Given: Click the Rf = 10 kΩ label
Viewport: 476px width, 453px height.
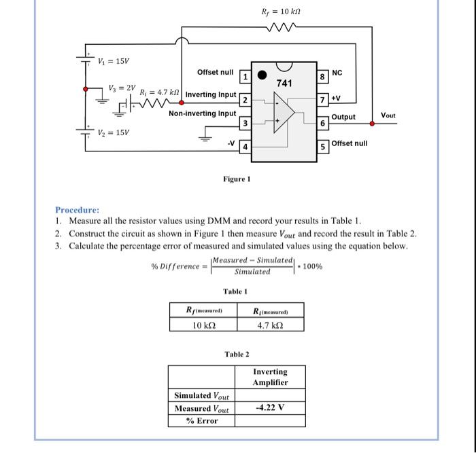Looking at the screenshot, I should pyautogui.click(x=281, y=12).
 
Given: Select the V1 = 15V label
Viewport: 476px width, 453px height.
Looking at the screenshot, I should pyautogui.click(x=114, y=61).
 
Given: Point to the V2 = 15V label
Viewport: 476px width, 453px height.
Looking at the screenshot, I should pyautogui.click(x=114, y=132).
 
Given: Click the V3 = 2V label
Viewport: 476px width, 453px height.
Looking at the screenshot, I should pyautogui.click(x=122, y=88).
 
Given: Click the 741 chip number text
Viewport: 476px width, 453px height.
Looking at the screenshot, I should pyautogui.click(x=284, y=83).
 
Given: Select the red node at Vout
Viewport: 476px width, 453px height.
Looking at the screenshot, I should pyautogui.click(x=373, y=124).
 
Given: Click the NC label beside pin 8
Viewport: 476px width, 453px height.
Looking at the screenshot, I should pyautogui.click(x=337, y=71).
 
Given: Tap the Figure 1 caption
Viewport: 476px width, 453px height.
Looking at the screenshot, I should pyautogui.click(x=237, y=179).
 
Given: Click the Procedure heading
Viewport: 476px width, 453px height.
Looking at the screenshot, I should pyautogui.click(x=78, y=210).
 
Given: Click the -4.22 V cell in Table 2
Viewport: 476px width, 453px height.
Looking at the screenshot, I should pyautogui.click(x=270, y=408).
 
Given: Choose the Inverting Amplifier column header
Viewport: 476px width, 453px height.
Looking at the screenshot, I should pyautogui.click(x=270, y=377).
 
